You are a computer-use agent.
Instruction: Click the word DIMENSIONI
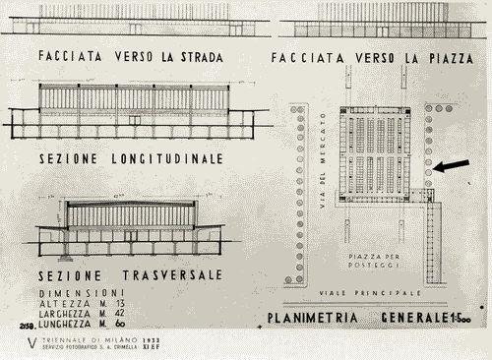tap(82, 292)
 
